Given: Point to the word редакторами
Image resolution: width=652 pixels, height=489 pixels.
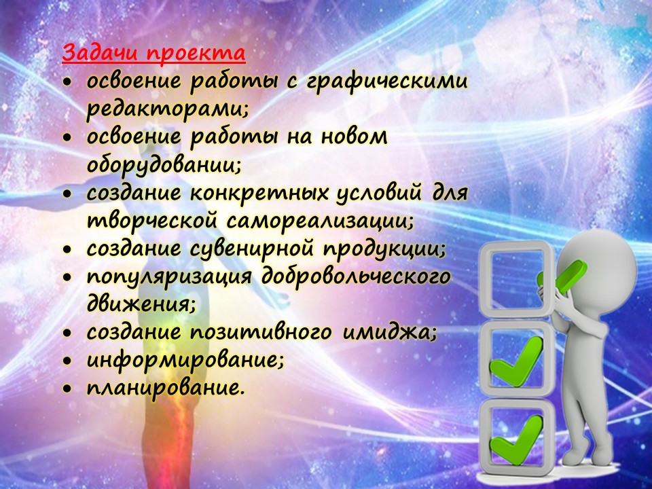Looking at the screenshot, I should (167, 109).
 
